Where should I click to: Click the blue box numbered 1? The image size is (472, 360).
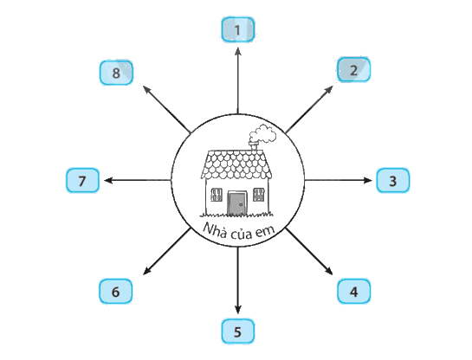238,29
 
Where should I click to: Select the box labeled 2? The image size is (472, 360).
353,69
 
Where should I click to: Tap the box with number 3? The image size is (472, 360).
393,181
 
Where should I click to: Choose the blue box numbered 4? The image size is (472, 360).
353,291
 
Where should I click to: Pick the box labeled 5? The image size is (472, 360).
238,331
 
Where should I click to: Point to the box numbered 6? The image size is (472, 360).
115,291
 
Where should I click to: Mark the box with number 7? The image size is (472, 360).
82,181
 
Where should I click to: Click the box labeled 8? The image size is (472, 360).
116,73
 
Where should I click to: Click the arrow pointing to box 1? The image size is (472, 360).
238,80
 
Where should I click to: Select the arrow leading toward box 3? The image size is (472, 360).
339,181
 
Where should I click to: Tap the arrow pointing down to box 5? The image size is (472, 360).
238,280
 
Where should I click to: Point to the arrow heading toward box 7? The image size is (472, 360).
138,181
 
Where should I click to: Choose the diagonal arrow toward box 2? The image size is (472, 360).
309,110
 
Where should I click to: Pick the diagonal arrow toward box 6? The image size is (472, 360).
167,251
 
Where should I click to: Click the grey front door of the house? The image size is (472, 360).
237,203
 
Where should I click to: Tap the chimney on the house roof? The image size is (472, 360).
254,146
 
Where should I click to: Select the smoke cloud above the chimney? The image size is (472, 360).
262,134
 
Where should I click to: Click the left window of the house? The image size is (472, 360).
217,195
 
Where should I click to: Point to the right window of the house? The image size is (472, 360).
259,195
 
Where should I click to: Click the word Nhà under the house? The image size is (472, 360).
215,230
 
